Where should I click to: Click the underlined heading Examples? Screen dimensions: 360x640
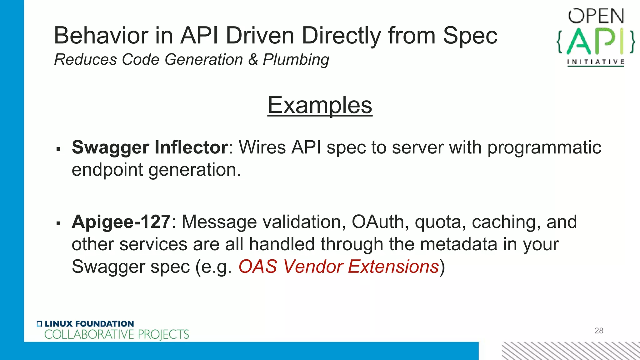click(x=320, y=105)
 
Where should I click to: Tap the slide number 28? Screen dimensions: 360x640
click(x=599, y=331)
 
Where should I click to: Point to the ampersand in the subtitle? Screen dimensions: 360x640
click(x=253, y=59)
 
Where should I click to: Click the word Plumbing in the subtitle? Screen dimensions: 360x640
click(x=296, y=60)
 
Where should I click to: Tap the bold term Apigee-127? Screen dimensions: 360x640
click(x=121, y=222)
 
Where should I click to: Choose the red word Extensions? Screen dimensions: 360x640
click(x=393, y=267)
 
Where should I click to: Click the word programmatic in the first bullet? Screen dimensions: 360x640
click(x=544, y=147)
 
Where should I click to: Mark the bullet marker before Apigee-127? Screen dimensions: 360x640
click(x=58, y=223)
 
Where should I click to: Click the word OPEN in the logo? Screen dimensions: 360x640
click(x=596, y=16)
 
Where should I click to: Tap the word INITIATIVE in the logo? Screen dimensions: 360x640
click(x=596, y=62)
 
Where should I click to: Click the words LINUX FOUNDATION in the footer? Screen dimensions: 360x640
click(x=89, y=324)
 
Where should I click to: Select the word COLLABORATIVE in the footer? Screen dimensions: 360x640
click(x=89, y=335)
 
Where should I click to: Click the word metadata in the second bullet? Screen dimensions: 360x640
click(x=458, y=244)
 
